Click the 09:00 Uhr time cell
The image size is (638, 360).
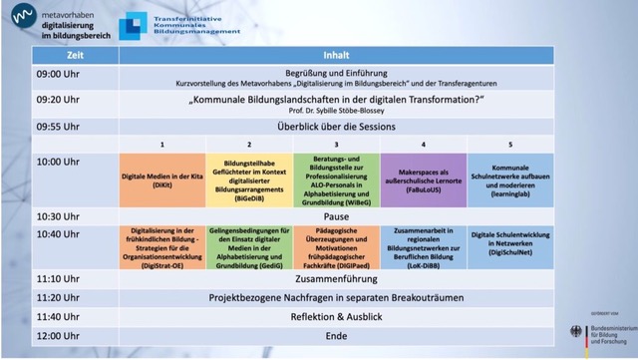60,75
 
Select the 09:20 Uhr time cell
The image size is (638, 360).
60,101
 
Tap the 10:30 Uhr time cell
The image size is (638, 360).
60,215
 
